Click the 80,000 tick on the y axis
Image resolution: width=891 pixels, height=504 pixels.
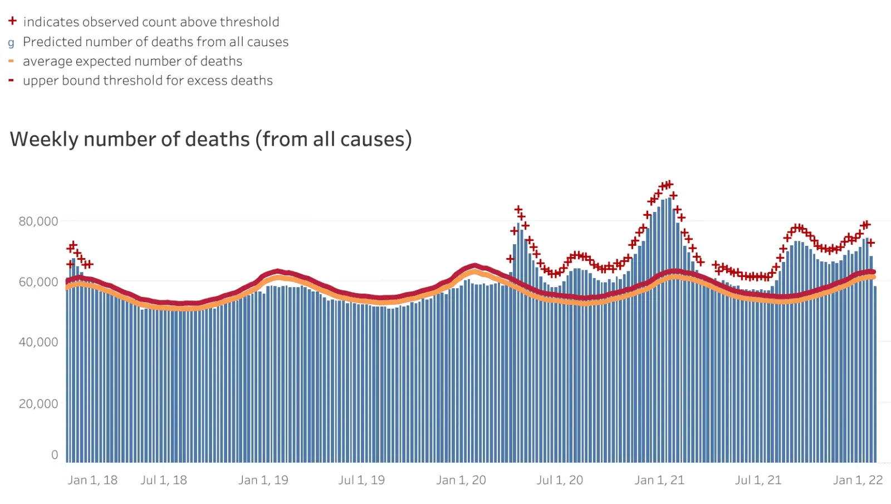click(x=38, y=221)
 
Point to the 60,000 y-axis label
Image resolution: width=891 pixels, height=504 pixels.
click(x=38, y=282)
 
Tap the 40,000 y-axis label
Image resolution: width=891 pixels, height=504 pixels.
click(x=38, y=342)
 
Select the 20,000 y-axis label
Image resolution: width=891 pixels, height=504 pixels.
click(x=38, y=404)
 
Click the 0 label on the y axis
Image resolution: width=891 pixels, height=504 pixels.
click(x=55, y=455)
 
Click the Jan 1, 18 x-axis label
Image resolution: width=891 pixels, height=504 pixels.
click(x=92, y=480)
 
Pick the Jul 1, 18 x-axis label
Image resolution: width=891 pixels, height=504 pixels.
click(x=164, y=480)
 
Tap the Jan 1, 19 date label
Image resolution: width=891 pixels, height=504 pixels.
click(x=263, y=480)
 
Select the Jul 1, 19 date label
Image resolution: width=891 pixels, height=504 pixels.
click(x=361, y=480)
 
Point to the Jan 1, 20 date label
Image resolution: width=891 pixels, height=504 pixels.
click(x=461, y=480)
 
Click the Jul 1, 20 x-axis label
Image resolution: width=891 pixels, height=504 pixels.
click(x=560, y=480)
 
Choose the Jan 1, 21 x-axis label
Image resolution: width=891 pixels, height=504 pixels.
click(x=659, y=480)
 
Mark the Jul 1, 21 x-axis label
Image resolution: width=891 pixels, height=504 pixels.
click(x=758, y=480)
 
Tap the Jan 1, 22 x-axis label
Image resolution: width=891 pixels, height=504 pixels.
click(x=858, y=480)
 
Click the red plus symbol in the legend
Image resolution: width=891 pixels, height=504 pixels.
click(x=12, y=21)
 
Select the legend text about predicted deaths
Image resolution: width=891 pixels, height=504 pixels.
click(x=155, y=42)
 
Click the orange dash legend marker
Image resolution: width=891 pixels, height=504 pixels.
click(x=11, y=61)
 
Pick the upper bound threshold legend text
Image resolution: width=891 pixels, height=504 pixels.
click(x=148, y=81)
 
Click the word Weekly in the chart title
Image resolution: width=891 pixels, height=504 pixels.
click(x=44, y=139)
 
